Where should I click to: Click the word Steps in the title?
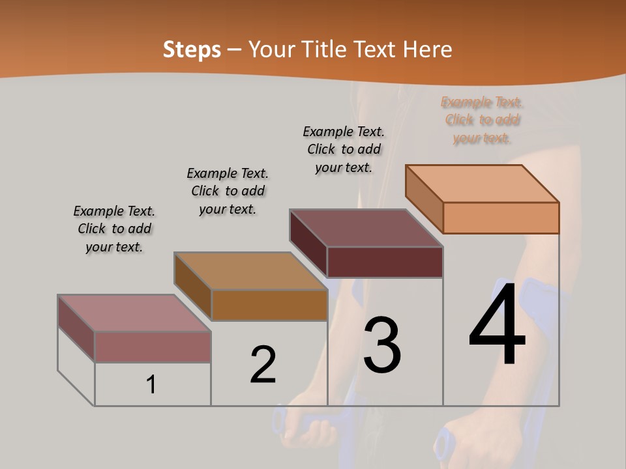tap(192, 50)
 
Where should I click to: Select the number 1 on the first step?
tap(151, 385)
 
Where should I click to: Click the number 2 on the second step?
tap(263, 365)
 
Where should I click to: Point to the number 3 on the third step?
tap(382, 345)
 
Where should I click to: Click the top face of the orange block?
tap(483, 184)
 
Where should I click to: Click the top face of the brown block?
tap(250, 271)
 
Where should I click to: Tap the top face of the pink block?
tap(134, 313)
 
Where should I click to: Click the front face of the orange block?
tap(501, 218)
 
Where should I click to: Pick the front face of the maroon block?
tap(385, 262)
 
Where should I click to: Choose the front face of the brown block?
tap(269, 305)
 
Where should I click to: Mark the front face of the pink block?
tap(153, 347)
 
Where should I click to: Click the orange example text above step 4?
tap(482, 120)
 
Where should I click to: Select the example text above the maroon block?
tap(344, 149)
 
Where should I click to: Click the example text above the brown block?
tap(228, 191)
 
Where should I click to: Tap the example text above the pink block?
tap(114, 229)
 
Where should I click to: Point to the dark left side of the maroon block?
tap(308, 243)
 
